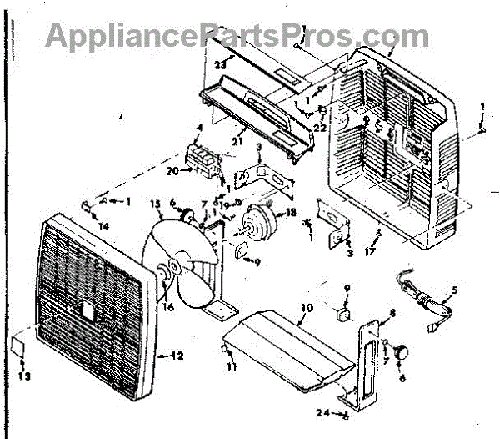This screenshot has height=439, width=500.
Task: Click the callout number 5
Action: (x=454, y=291)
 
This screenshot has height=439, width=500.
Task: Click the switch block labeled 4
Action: (x=202, y=157)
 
